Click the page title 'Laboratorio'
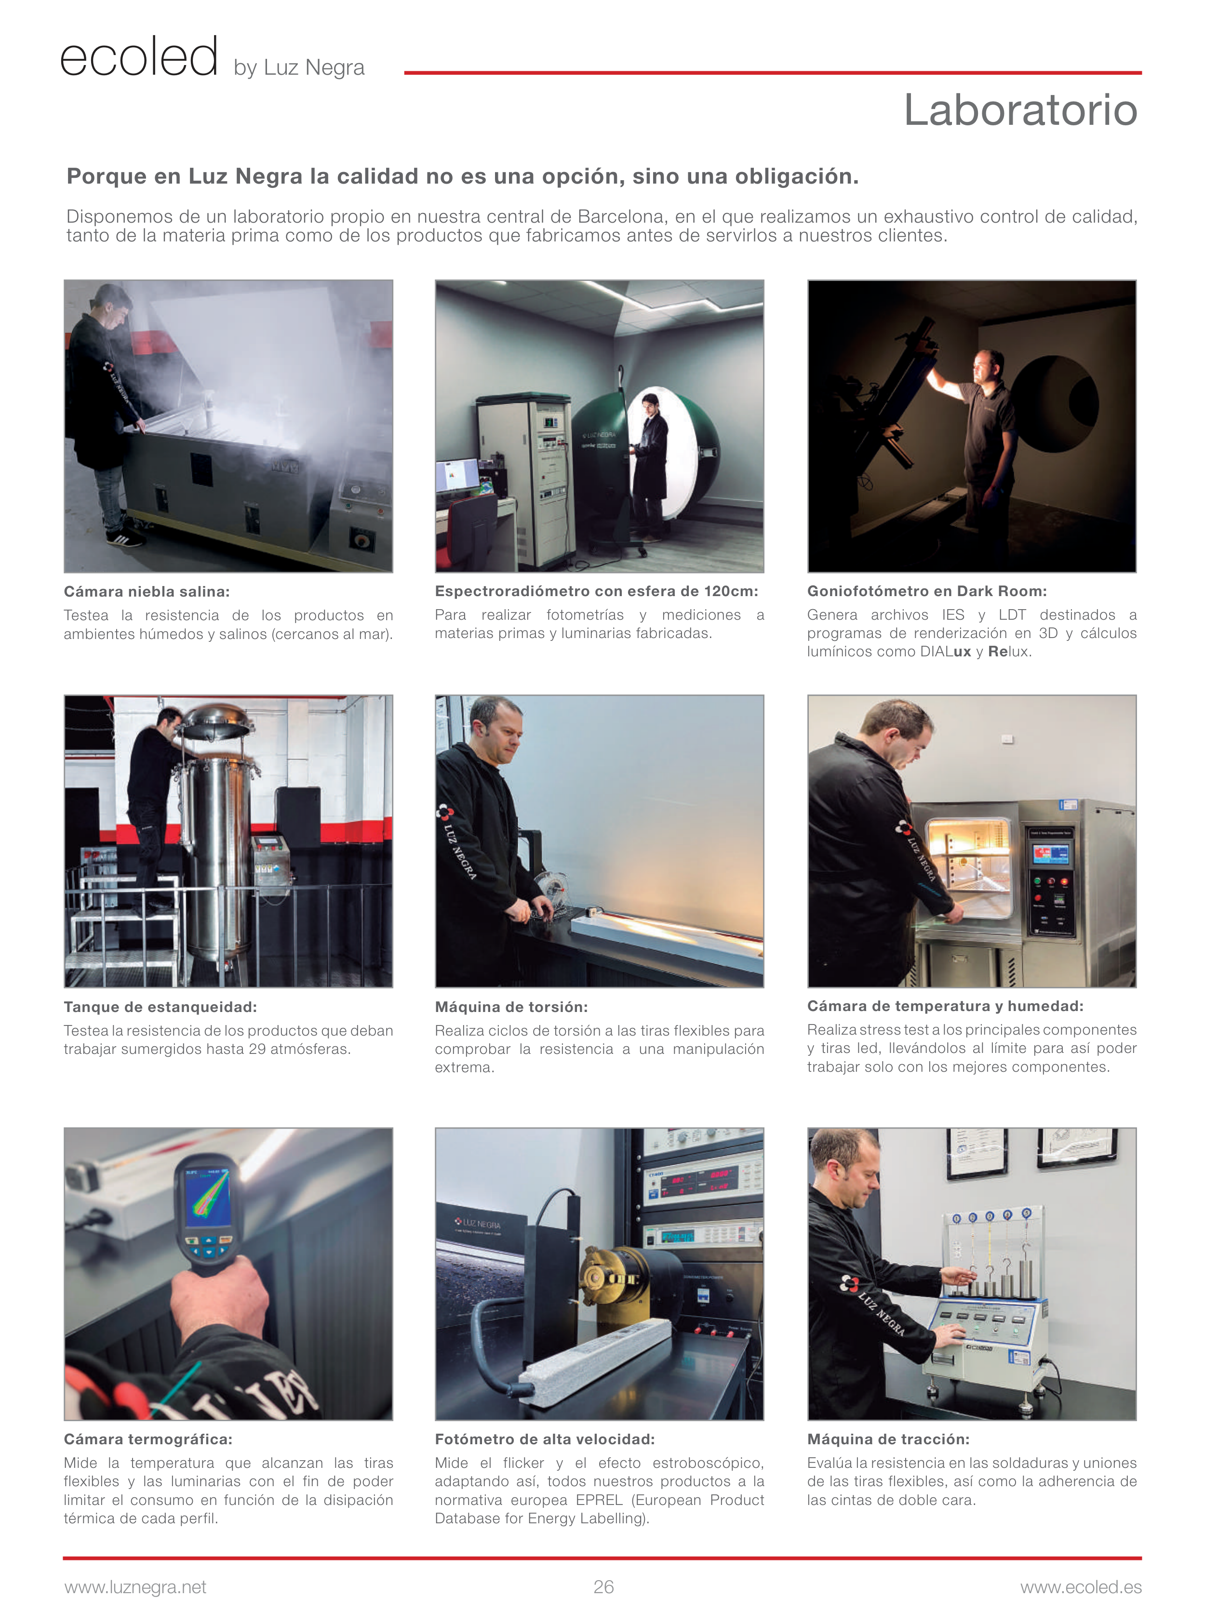(1020, 110)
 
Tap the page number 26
(603, 1587)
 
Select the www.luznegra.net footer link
(135, 1587)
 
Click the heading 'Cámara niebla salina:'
(146, 591)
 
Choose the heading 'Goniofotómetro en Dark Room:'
(926, 591)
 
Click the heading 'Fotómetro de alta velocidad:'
(544, 1439)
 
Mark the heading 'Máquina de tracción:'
(888, 1439)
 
